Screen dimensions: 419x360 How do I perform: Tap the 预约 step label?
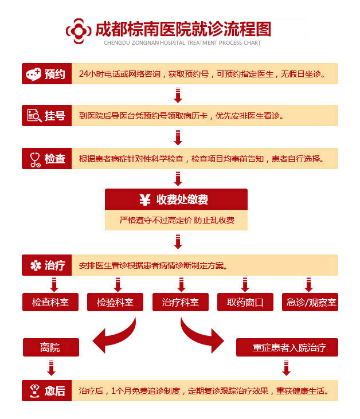(46, 74)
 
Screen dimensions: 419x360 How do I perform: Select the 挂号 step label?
(46, 116)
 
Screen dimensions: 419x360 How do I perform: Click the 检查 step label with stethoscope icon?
(46, 158)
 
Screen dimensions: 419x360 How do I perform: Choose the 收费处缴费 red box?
(176, 199)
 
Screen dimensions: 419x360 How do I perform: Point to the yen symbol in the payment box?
(144, 199)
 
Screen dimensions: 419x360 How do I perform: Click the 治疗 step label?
(46, 265)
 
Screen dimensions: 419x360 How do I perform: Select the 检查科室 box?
(50, 302)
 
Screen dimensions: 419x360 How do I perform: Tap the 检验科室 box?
(115, 302)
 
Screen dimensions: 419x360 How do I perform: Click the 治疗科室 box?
(180, 302)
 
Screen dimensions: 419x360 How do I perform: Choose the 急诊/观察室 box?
(310, 302)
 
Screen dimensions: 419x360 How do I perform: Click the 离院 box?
(50, 347)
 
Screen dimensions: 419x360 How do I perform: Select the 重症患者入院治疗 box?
(287, 347)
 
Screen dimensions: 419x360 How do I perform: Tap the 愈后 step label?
(46, 391)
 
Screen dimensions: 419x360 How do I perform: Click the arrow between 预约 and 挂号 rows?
(178, 95)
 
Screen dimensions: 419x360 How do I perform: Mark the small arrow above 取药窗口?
(245, 284)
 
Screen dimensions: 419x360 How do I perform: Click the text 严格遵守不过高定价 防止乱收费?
(176, 220)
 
